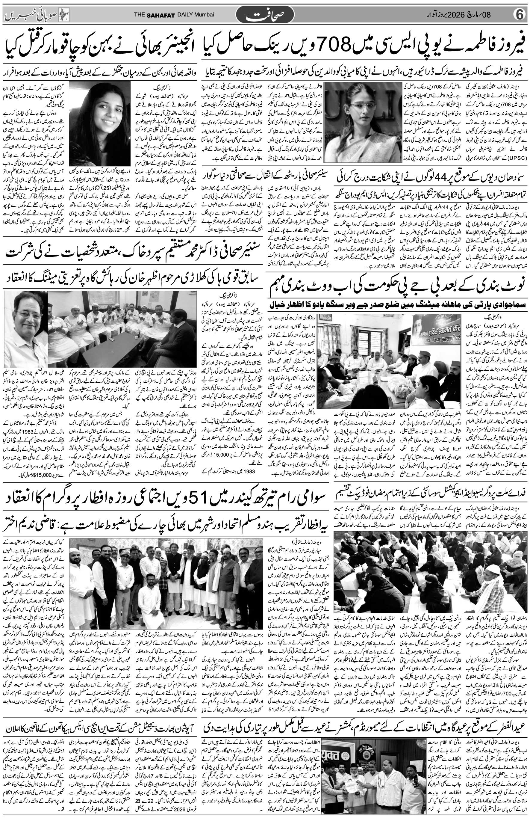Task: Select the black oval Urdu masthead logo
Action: [265, 14]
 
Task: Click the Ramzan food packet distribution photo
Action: [429, 572]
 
